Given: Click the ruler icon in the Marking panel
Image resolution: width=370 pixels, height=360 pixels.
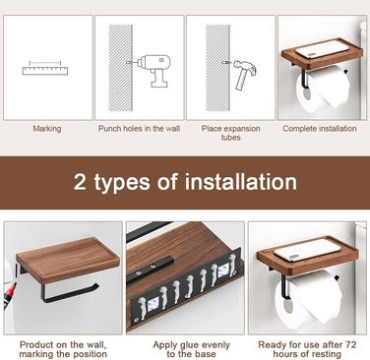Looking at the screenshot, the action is coord(45,68).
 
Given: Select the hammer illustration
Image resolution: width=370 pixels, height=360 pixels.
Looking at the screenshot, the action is coord(242,74).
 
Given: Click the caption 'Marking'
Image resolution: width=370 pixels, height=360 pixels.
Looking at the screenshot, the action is coord(47,129).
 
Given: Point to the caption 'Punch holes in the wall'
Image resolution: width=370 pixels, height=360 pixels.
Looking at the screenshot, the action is coord(139,129).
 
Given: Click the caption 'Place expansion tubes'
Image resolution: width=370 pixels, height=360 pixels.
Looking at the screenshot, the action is coord(230,133).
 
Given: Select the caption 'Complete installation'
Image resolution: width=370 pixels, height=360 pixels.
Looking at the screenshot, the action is coord(320,129).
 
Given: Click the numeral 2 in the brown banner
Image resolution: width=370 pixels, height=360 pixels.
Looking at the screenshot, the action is coord(80,181).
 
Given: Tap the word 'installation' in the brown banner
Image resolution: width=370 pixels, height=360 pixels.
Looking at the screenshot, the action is coord(241,181).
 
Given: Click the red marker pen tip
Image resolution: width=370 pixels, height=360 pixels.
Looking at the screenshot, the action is coord(9,292).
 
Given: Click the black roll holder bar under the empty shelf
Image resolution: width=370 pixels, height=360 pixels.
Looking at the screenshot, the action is coord(68,291).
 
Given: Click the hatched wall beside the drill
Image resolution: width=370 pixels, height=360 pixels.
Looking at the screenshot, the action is coord(121,68).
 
